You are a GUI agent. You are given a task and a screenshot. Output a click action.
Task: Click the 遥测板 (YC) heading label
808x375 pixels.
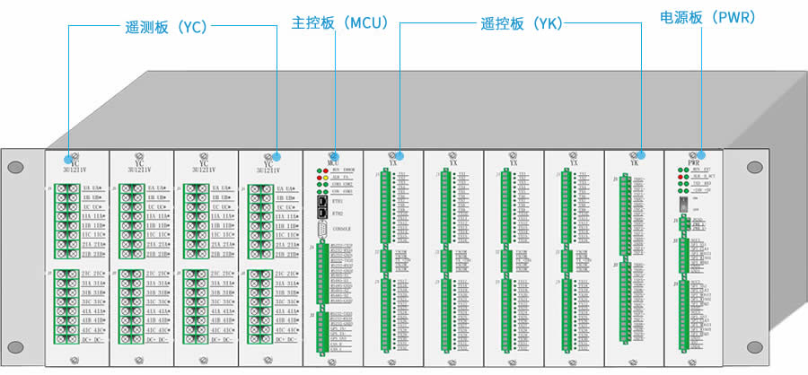tap(166, 26)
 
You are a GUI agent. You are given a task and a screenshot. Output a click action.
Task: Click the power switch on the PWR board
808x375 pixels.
tap(681, 204)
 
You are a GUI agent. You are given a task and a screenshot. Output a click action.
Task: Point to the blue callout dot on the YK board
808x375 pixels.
tap(643, 154)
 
